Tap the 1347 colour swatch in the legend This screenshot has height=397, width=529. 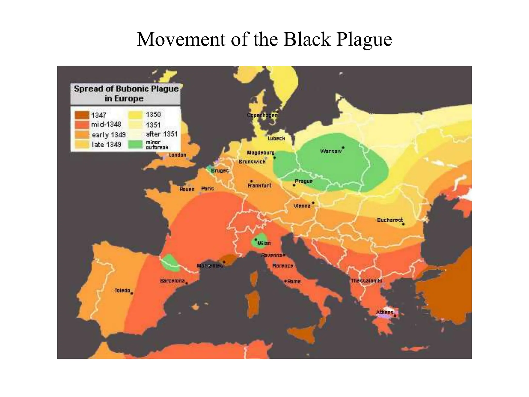82,115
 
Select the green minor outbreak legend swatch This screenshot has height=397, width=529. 135,144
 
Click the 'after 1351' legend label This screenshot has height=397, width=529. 162,134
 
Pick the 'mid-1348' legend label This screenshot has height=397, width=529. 106,125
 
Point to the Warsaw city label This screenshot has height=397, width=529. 331,151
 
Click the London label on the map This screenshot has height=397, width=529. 177,155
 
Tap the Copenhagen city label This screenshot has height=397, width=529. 262,115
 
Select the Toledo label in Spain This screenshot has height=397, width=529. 122,291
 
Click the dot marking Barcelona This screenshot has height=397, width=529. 186,283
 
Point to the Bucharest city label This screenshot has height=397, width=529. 390,220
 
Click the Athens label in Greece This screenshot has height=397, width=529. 384,312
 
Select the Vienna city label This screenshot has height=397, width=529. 302,206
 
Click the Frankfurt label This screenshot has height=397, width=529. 259,186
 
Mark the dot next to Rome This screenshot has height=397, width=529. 285,281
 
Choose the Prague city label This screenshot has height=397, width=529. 304,181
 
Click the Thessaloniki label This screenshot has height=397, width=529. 366,281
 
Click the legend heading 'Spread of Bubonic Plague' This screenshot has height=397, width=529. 126,89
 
